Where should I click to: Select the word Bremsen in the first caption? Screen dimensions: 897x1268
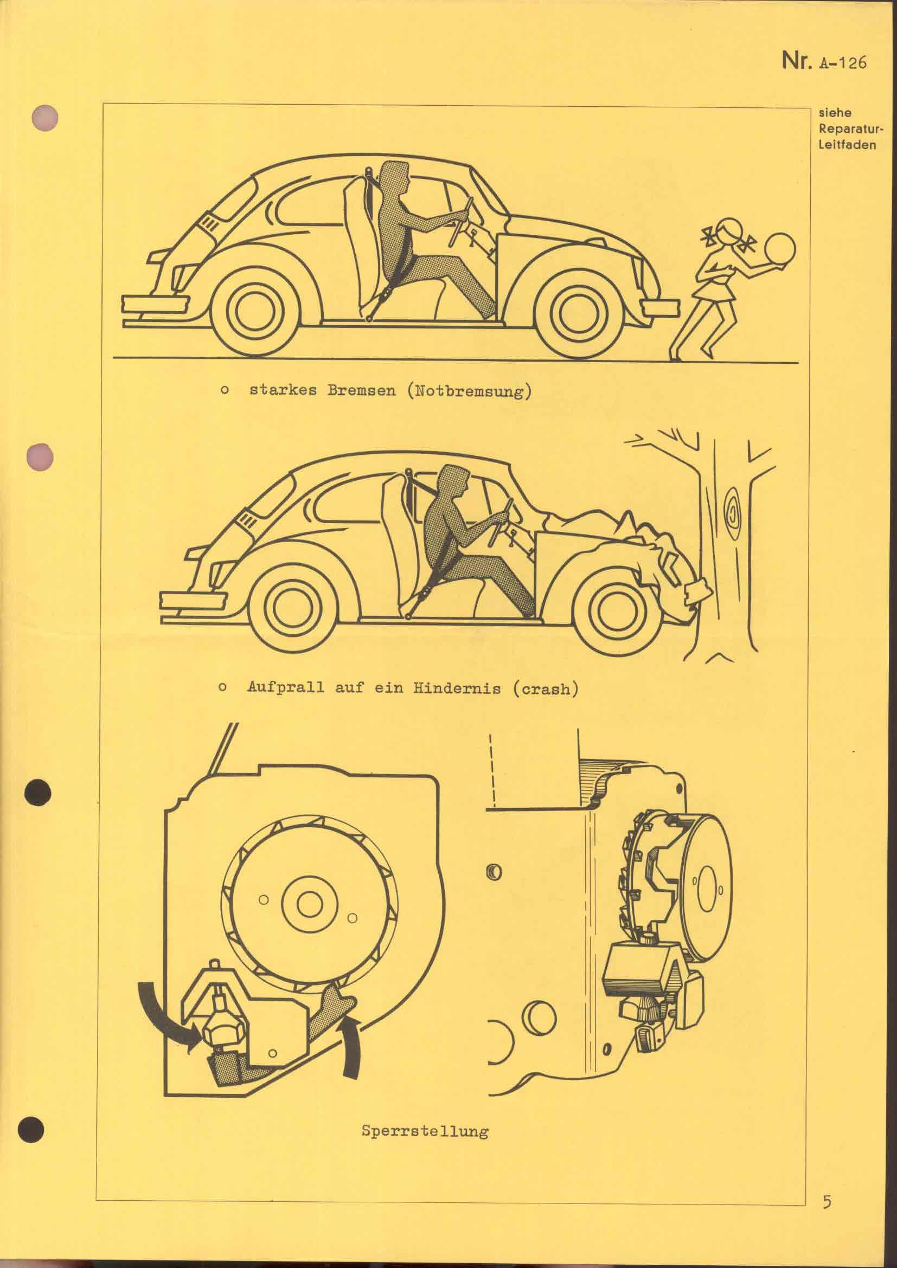coord(361,391)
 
